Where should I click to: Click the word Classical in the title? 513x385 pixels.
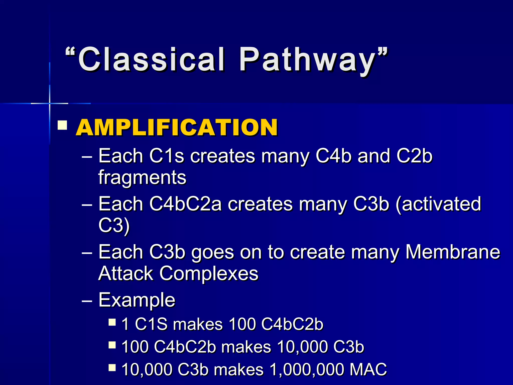(152, 59)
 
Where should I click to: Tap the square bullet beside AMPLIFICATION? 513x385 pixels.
(62, 125)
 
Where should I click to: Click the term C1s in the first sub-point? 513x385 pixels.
(167, 156)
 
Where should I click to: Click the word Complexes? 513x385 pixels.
(209, 273)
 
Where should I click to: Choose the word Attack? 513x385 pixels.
(125, 273)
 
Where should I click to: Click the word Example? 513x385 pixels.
(137, 300)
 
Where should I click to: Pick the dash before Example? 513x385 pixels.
(87, 300)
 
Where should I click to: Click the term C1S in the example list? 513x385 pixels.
(151, 324)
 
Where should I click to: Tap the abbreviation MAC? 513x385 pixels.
(368, 370)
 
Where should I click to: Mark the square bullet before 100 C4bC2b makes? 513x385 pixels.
(112, 345)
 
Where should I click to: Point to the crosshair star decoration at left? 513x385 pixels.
(50, 103)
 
